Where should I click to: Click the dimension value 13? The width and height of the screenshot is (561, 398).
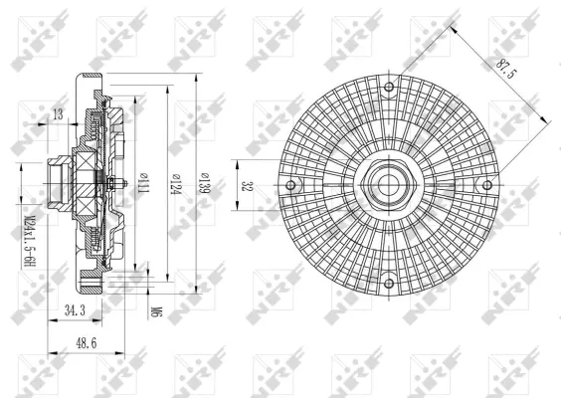[57, 115]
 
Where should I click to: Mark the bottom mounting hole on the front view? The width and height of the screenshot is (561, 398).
[387, 283]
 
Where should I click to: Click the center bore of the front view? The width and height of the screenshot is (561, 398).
[387, 185]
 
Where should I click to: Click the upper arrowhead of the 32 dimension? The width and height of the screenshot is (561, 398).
[236, 164]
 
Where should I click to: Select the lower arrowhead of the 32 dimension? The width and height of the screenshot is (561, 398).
[236, 207]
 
